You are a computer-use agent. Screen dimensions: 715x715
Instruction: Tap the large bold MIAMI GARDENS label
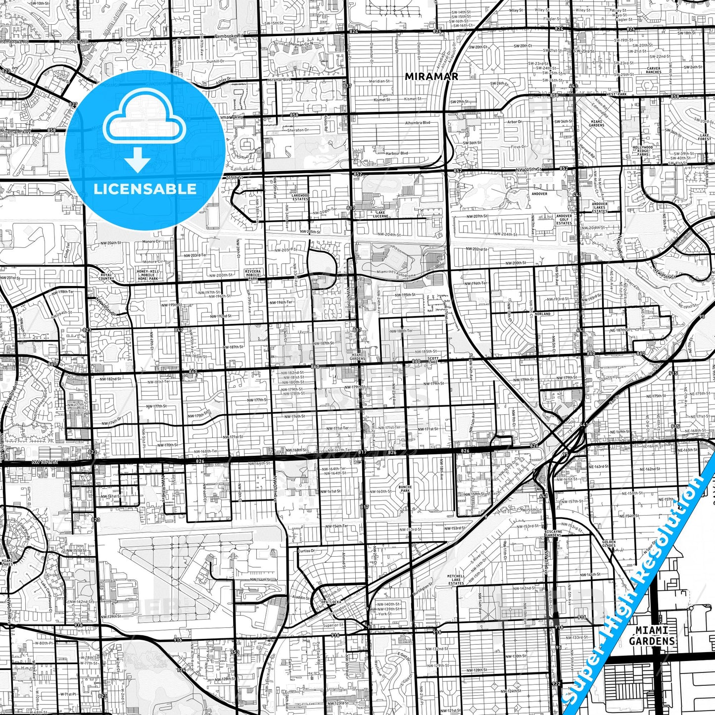tap(652, 635)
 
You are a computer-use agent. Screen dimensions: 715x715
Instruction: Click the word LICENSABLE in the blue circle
tap(145, 189)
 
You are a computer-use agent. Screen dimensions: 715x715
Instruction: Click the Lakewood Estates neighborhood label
tap(300, 197)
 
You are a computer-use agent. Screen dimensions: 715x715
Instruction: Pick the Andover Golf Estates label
tap(564, 219)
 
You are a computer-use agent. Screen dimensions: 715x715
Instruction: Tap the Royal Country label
tap(106, 277)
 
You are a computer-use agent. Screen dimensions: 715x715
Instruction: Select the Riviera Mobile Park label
tap(252, 275)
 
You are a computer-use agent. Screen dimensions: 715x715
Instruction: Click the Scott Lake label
tap(433, 360)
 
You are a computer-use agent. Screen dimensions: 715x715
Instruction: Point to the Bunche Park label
tap(405, 489)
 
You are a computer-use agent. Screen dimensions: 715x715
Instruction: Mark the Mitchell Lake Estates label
tap(456, 579)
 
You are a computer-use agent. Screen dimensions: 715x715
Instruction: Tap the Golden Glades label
tap(609, 544)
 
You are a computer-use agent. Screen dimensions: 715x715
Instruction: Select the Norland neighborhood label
tap(542, 314)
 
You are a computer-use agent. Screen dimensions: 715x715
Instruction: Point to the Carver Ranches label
tap(653, 70)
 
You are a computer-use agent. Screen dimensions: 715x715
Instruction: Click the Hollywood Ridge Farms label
tap(643, 150)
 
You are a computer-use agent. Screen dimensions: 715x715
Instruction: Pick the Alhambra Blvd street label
tap(418, 122)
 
